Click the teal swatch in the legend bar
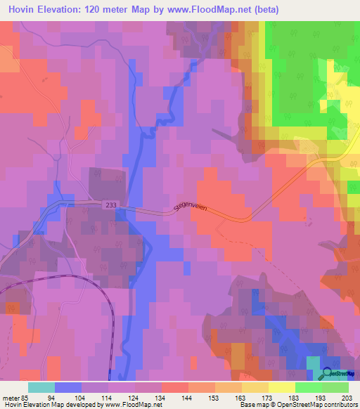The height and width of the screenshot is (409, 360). [x=41, y=387]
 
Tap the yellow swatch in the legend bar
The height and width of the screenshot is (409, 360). [x=281, y=387]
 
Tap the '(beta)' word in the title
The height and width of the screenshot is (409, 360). [x=266, y=10]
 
